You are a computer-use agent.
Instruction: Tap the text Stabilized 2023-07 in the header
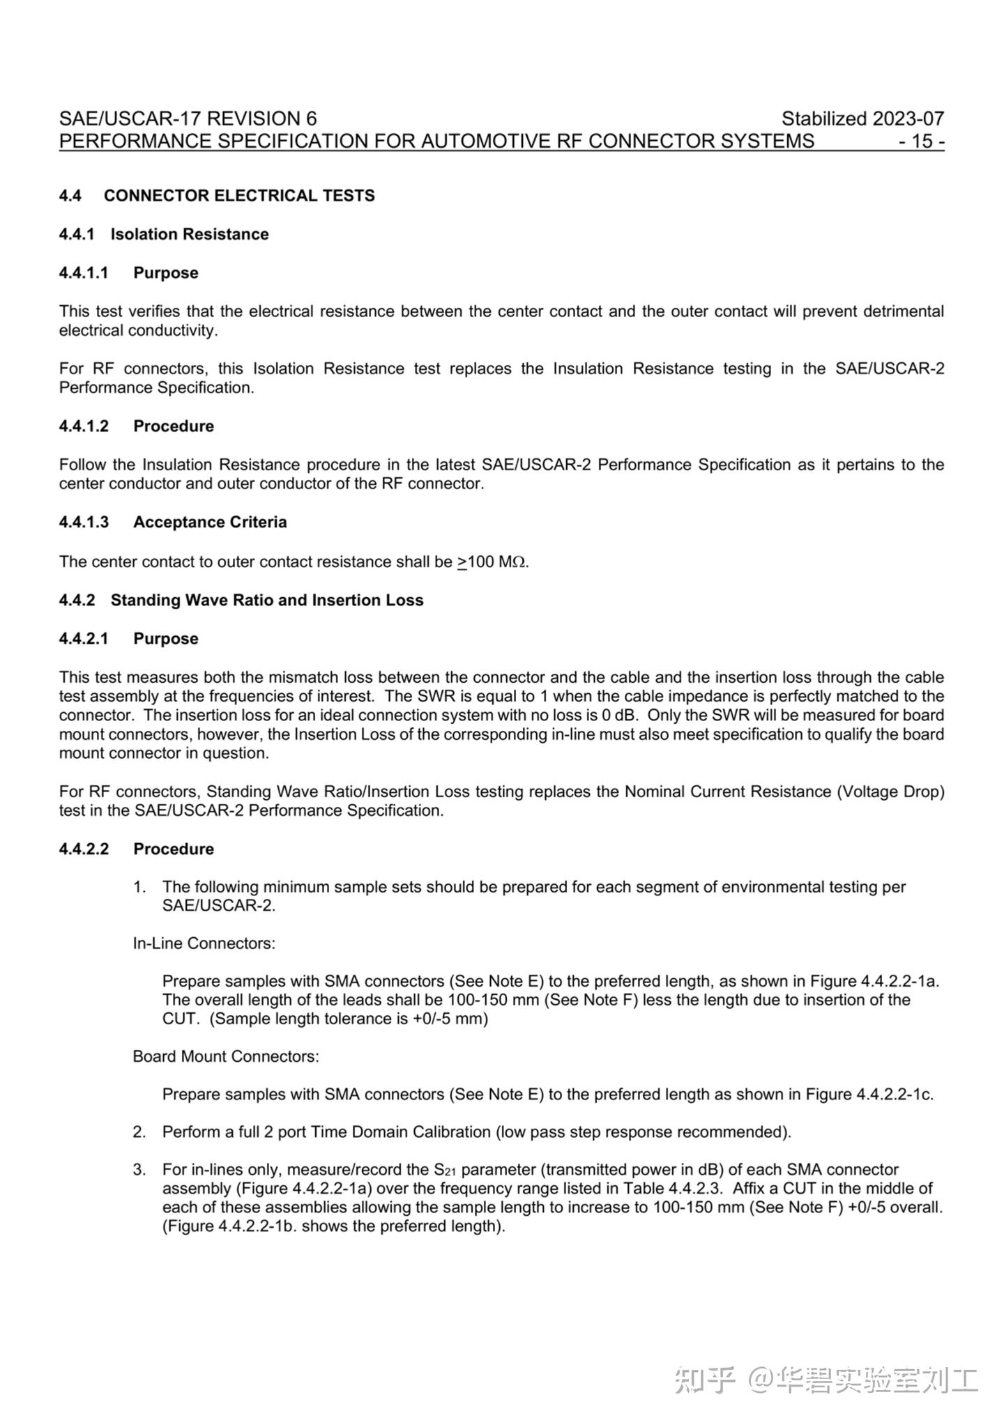tap(862, 118)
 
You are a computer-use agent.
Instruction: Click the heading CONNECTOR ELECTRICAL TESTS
tap(239, 196)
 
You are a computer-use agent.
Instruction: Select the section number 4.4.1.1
tap(84, 272)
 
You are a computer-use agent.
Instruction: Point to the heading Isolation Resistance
tap(189, 234)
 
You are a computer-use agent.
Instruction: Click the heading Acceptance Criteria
tap(210, 522)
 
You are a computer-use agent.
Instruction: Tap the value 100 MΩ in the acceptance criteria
tap(497, 562)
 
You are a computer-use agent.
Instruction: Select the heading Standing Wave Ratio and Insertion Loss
tap(267, 600)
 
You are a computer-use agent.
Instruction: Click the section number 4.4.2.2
tap(84, 849)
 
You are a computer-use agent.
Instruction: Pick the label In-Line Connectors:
tap(204, 943)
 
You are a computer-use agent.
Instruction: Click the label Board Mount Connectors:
tap(226, 1056)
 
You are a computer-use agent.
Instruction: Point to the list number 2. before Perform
tap(139, 1132)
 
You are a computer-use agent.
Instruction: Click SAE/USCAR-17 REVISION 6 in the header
tap(188, 118)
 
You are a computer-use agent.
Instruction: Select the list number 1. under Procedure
tap(139, 887)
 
